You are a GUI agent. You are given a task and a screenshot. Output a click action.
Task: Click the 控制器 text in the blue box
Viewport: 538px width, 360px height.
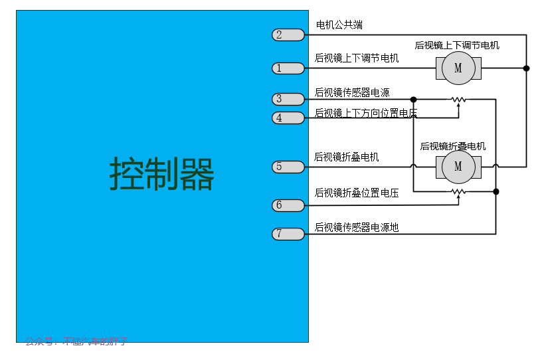pyautogui.click(x=162, y=174)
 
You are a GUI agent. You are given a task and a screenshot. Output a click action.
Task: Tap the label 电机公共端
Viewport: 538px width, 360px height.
pyautogui.click(x=339, y=25)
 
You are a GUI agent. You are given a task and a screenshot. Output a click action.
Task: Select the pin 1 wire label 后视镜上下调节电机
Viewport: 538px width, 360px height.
pyautogui.click(x=357, y=58)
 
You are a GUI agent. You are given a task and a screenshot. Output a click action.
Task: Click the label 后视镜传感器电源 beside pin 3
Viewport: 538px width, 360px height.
pyautogui.click(x=352, y=92)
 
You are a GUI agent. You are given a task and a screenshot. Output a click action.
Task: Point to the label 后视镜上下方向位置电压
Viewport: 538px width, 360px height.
pyautogui.click(x=365, y=113)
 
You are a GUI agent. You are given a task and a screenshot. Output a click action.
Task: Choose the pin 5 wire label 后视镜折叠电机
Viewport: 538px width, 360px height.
pyautogui.click(x=347, y=157)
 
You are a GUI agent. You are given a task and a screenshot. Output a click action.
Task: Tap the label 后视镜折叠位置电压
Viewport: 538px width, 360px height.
pyautogui.click(x=357, y=193)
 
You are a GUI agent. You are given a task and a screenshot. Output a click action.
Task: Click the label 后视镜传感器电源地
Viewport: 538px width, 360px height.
pyautogui.click(x=357, y=228)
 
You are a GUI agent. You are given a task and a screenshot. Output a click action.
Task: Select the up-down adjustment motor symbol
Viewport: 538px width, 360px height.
pyautogui.click(x=458, y=68)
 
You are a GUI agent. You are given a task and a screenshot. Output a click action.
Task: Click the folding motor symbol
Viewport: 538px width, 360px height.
pyautogui.click(x=458, y=167)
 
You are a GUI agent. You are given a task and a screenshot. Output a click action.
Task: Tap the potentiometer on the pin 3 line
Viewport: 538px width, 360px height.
pyautogui.click(x=458, y=100)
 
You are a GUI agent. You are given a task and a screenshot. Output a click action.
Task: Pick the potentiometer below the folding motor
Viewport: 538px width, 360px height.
pyautogui.click(x=458, y=192)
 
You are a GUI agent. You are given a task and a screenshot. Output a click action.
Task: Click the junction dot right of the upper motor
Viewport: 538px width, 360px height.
pyautogui.click(x=526, y=68)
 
